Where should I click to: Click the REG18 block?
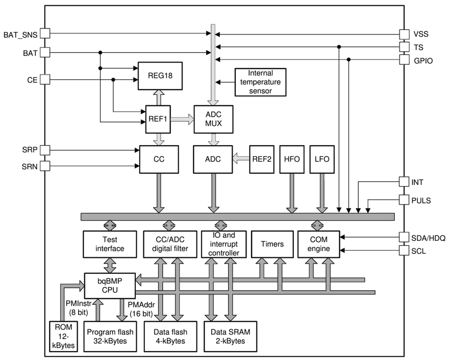[160, 76]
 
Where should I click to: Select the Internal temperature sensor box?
[260, 82]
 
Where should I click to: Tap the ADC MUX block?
[213, 119]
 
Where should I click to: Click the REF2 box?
[262, 159]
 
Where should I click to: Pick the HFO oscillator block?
[292, 159]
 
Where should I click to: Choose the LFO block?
[322, 159]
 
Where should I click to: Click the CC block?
[159, 159]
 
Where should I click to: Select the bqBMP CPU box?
[110, 285]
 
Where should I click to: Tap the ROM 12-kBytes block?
[62, 336]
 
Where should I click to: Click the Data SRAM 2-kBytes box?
[231, 336]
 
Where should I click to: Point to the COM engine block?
[319, 244]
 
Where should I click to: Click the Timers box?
[272, 244]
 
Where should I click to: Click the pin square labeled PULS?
[404, 201]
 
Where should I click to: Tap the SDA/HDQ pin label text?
[428, 238]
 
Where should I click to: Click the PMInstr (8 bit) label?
[78, 308]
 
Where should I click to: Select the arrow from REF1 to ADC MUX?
[182, 119]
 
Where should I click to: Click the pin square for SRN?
[45, 166]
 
